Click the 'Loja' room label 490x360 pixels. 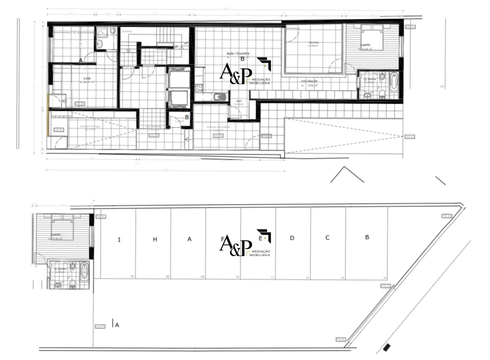point(86,78)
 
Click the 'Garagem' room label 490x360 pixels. point(314,43)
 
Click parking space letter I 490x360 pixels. point(119,240)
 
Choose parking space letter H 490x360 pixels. point(155,239)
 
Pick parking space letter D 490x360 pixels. point(292,238)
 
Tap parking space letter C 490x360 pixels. point(327,237)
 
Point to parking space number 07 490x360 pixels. point(132,276)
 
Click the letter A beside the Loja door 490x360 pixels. point(80,60)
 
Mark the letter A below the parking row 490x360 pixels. point(117,325)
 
